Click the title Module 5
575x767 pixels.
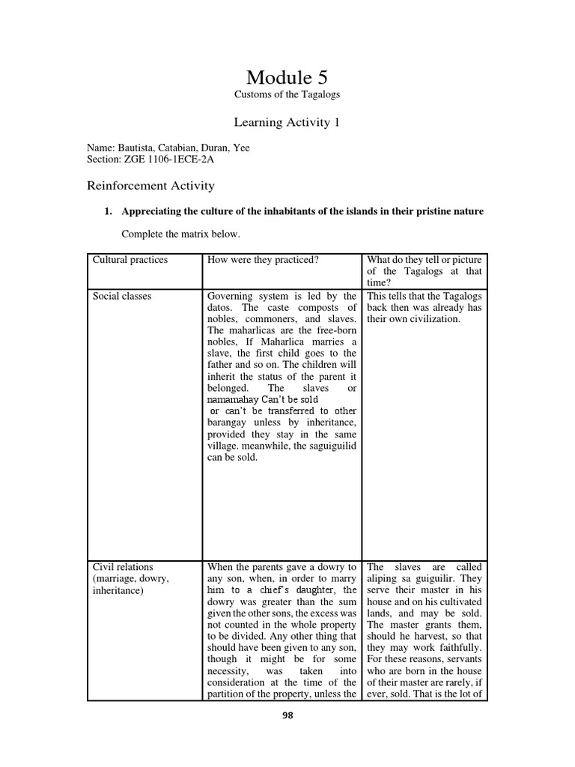pyautogui.click(x=287, y=77)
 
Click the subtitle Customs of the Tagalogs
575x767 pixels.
pyautogui.click(x=287, y=94)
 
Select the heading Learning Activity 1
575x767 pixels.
pyautogui.click(x=287, y=122)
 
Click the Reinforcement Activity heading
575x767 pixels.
pyautogui.click(x=151, y=185)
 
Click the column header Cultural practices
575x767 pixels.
pyautogui.click(x=130, y=260)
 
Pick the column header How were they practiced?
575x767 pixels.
pyautogui.click(x=263, y=260)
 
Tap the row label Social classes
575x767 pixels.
pyautogui.click(x=121, y=296)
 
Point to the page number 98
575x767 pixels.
pyautogui.click(x=287, y=715)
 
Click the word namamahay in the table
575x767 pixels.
pyautogui.click(x=232, y=400)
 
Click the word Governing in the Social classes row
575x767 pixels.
pyautogui.click(x=231, y=296)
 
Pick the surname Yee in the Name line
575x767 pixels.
pyautogui.click(x=241, y=148)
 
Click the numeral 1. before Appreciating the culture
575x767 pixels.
pyautogui.click(x=108, y=211)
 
